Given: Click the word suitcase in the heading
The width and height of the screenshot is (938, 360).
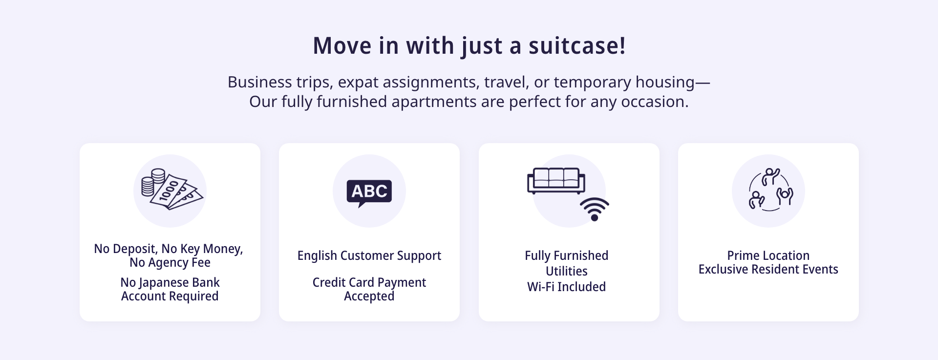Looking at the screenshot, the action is (x=577, y=45).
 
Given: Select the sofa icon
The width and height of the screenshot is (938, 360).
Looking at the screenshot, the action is (x=556, y=181).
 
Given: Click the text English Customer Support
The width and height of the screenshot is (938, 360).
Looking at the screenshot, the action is (x=369, y=255).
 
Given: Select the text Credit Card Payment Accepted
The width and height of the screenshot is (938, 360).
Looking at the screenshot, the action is (x=369, y=289).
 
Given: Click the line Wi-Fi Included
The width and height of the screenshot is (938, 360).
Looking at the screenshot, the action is (x=567, y=287).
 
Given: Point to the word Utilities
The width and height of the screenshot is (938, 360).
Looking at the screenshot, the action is (x=567, y=271).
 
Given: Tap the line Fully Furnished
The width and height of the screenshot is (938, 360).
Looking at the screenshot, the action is (x=567, y=255).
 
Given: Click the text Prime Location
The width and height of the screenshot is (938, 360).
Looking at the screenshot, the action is (x=768, y=255).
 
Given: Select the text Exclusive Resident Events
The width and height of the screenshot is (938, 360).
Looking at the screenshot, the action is (x=768, y=269).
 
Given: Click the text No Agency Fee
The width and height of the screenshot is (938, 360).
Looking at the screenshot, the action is (x=170, y=262).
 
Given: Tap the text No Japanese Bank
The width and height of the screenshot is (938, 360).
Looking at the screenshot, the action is (x=170, y=282).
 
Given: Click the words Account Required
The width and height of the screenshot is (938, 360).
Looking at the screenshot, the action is (x=170, y=296).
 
